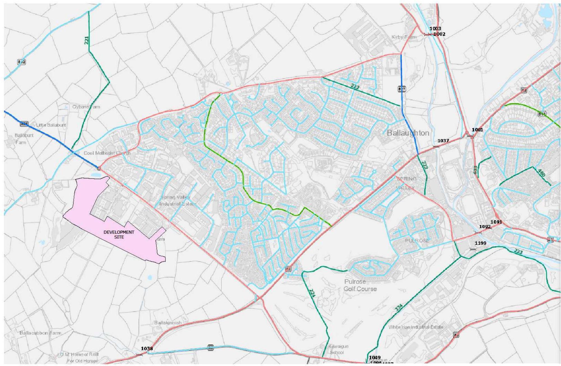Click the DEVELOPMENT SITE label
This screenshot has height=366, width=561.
[119, 234]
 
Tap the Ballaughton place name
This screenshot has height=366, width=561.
[408, 133]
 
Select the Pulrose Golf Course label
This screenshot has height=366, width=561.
[360, 285]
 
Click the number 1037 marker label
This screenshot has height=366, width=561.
[443, 141]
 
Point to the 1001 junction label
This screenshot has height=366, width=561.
[477, 130]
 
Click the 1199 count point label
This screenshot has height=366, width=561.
[480, 243]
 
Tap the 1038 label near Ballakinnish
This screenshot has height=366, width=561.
[147, 349]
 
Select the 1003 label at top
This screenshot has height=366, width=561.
[435, 29]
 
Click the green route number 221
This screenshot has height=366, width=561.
[86, 40]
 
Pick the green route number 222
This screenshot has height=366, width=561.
[355, 87]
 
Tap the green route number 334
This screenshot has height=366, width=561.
[398, 308]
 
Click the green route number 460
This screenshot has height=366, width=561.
[541, 173]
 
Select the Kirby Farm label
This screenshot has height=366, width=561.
[404, 37]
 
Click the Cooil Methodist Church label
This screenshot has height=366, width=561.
[107, 153]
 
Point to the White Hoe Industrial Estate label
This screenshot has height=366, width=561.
[416, 327]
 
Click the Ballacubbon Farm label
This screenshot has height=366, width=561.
[40, 333]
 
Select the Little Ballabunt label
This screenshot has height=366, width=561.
[51, 125]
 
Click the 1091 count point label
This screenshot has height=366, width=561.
[496, 222]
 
